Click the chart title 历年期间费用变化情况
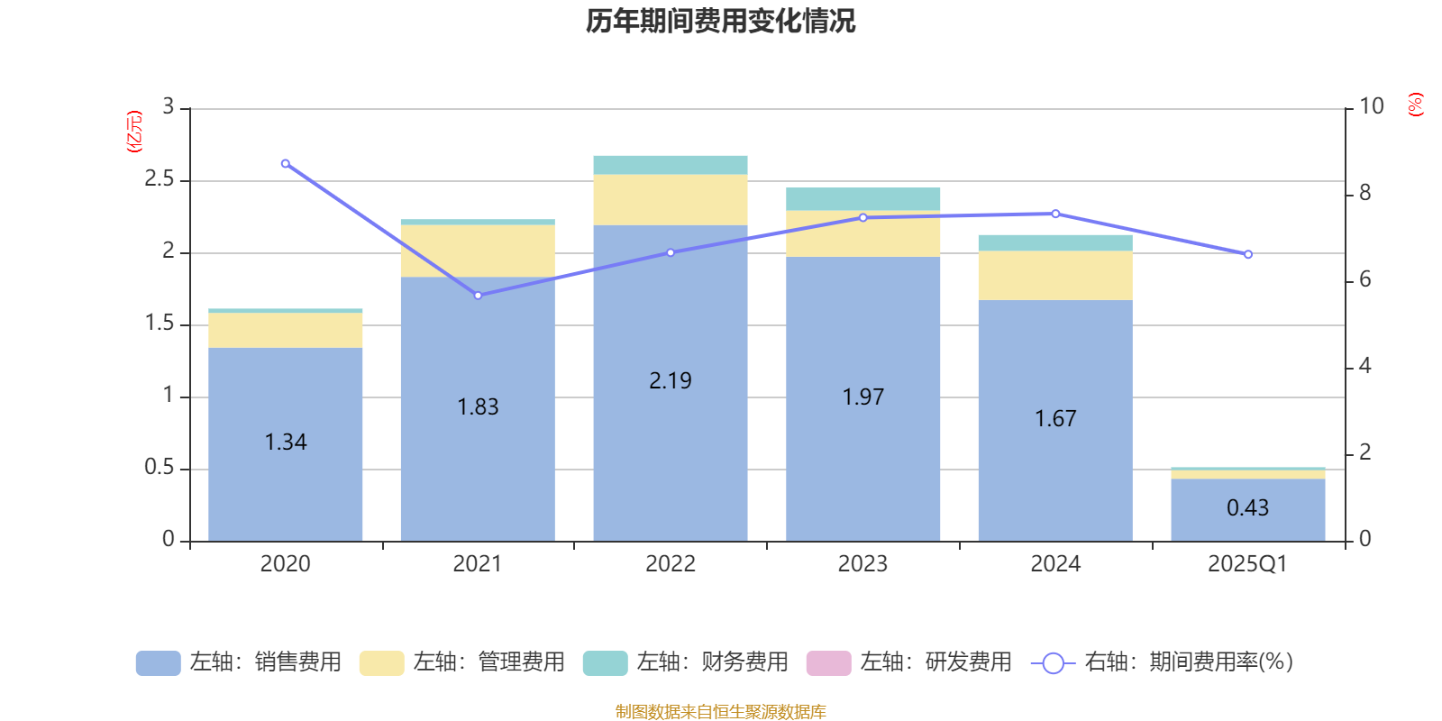pos(720,22)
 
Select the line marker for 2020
pos(286,164)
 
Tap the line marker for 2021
pos(478,296)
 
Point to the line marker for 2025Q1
pos(1248,255)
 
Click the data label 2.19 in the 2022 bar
pos(671,381)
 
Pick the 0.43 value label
pos(1247,508)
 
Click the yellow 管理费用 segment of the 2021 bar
pos(478,251)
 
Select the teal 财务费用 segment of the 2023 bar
pos(863,199)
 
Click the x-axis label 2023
pos(862,564)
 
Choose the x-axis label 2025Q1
pos(1247,564)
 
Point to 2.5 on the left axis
pos(160,179)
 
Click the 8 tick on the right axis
pos(1365,193)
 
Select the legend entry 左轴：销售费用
pos(239,662)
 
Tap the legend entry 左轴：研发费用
pos(909,662)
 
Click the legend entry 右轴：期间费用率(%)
pos(1163,662)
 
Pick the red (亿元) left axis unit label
pos(134,132)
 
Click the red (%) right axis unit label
pos(1416,105)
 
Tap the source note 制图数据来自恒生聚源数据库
pos(720,712)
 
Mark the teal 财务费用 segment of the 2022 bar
pos(671,165)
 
